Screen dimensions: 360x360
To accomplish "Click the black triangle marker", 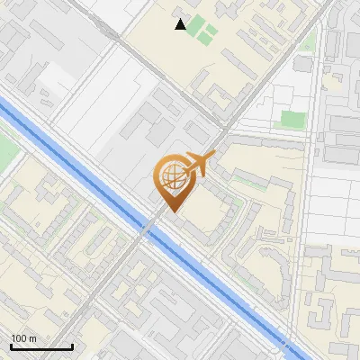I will (x=181, y=24).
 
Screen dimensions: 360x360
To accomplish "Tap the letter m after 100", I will (x=33, y=338).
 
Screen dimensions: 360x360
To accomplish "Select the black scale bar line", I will (x=41, y=347).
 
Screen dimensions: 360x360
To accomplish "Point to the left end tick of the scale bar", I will (x=11, y=346).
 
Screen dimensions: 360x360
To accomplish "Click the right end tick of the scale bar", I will (x=72, y=346).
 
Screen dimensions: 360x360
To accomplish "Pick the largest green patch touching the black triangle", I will (x=207, y=34).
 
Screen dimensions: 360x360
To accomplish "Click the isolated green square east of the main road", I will (x=291, y=119).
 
